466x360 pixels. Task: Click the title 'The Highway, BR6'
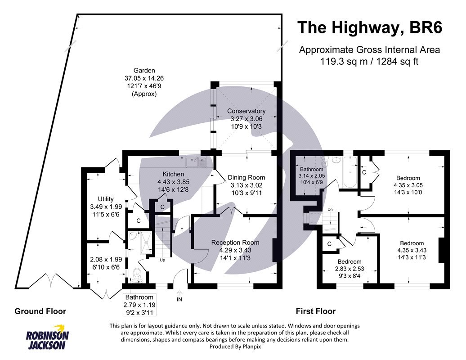click(370, 28)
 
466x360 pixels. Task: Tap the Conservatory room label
click(246, 111)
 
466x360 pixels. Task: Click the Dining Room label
click(246, 177)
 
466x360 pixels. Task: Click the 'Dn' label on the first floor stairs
click(329, 209)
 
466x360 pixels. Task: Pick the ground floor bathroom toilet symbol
click(139, 274)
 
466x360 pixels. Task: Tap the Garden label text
click(144, 71)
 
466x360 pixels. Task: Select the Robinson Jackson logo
click(47, 337)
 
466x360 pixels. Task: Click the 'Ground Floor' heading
click(40, 311)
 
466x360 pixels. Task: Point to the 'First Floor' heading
click(315, 311)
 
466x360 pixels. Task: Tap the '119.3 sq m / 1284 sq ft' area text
click(370, 62)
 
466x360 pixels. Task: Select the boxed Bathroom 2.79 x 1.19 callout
click(139, 305)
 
